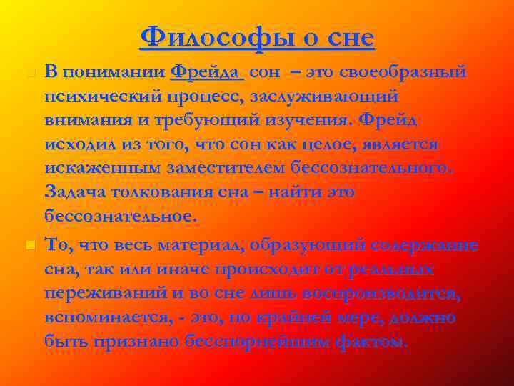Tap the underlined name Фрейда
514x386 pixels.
207,72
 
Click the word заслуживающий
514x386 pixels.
323,96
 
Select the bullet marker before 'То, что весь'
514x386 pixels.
29,246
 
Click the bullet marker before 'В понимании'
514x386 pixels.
29,73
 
